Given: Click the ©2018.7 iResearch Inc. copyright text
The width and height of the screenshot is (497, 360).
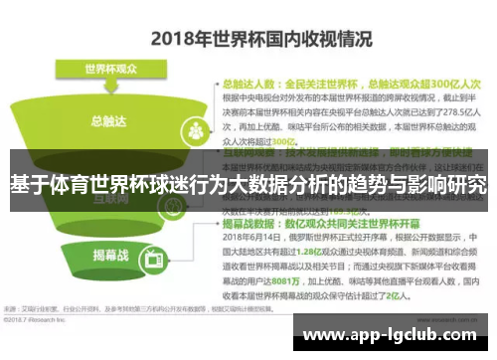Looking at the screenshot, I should coord(40,320).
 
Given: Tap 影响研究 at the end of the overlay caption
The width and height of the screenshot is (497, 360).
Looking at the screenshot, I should coord(450,185).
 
